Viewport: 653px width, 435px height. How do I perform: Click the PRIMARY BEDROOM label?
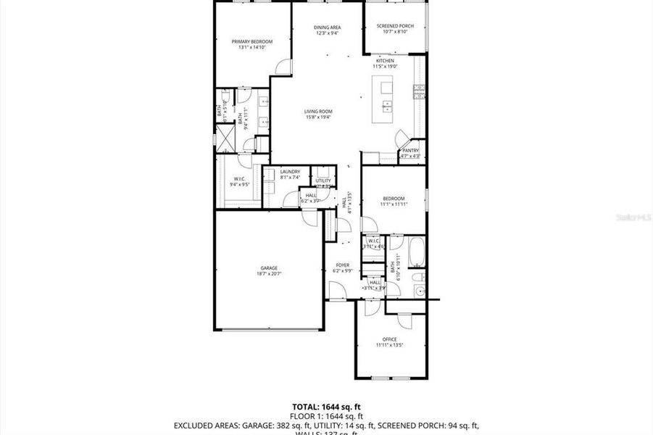251,42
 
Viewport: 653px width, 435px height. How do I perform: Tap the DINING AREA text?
328,28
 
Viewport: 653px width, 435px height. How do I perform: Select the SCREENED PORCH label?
394,28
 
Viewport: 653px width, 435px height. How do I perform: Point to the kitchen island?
385,99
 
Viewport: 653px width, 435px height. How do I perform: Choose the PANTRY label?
410,151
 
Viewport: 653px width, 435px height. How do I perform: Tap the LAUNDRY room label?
290,172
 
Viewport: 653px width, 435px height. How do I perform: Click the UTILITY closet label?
323,181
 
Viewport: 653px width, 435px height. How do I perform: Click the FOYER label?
342,266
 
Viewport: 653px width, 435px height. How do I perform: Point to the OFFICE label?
389,339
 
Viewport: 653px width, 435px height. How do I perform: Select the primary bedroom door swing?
283,67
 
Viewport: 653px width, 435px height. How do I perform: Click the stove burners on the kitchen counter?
418,91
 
